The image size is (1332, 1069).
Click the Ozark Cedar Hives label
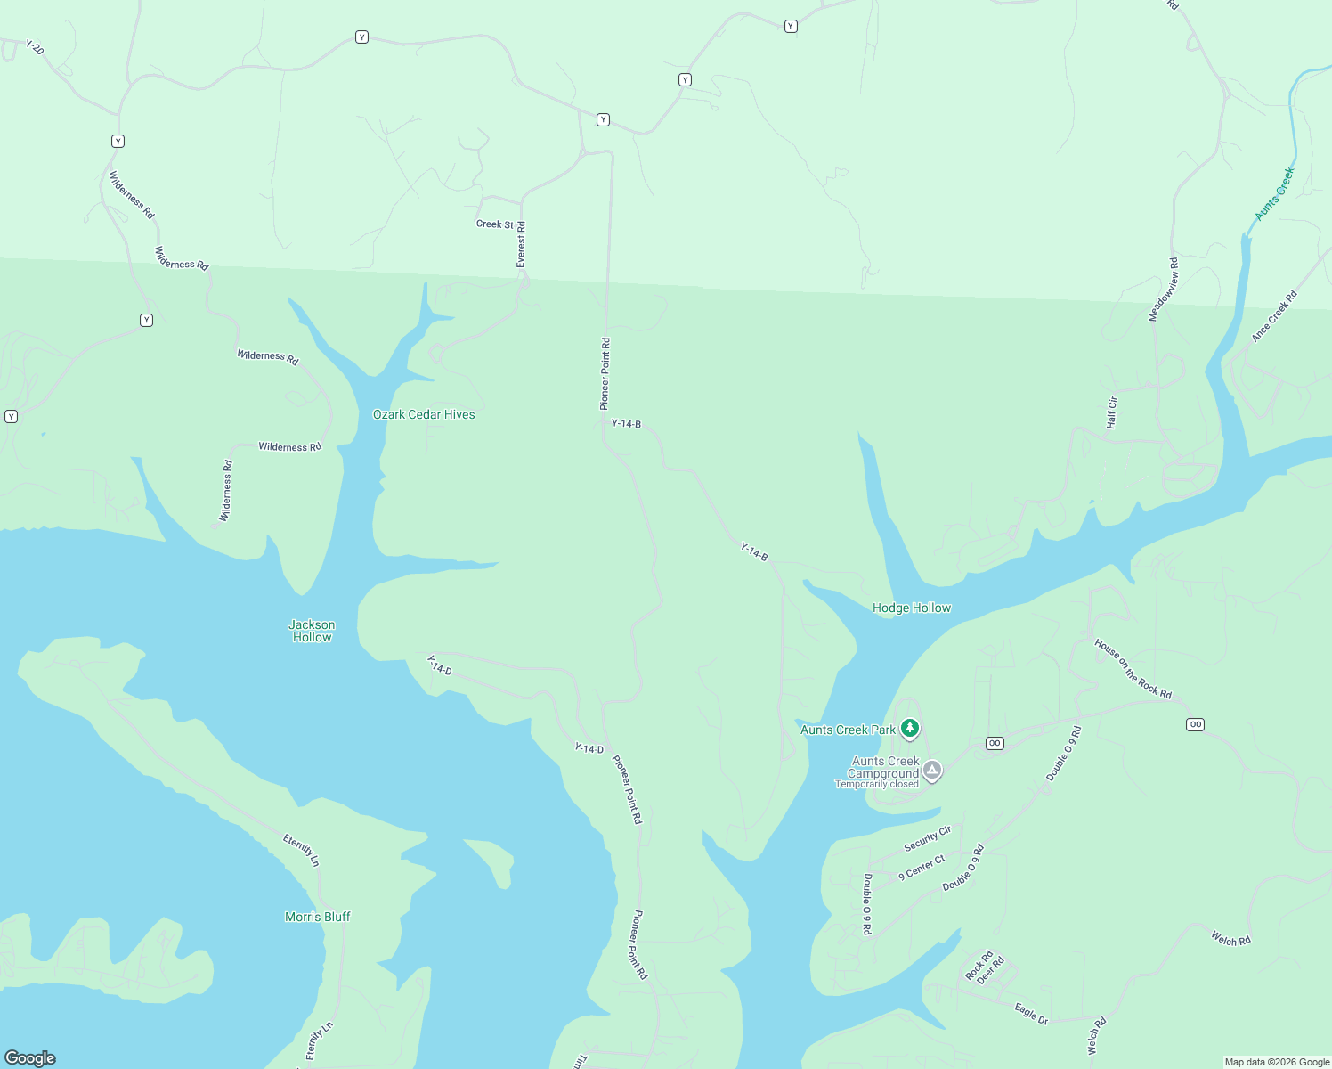(424, 414)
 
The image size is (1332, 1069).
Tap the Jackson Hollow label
(312, 631)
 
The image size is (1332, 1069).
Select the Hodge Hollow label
(911, 608)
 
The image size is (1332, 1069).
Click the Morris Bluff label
(317, 917)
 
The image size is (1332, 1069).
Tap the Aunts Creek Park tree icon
(909, 729)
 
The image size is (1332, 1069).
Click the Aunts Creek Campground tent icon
(931, 770)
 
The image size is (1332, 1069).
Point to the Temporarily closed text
(876, 784)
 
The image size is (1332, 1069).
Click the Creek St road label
(494, 224)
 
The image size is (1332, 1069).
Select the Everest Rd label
(521, 244)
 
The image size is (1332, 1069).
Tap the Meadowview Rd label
(1163, 290)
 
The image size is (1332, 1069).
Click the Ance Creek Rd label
(1274, 316)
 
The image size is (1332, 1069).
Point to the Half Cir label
(1111, 412)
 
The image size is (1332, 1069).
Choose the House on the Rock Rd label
(1133, 668)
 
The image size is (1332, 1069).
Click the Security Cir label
(927, 838)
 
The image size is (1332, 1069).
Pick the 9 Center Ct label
(921, 868)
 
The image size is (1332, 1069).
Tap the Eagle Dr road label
(1031, 1013)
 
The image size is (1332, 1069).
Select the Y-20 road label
(35, 47)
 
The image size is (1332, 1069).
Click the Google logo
(30, 1057)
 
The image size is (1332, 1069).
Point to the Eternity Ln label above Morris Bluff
(301, 850)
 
